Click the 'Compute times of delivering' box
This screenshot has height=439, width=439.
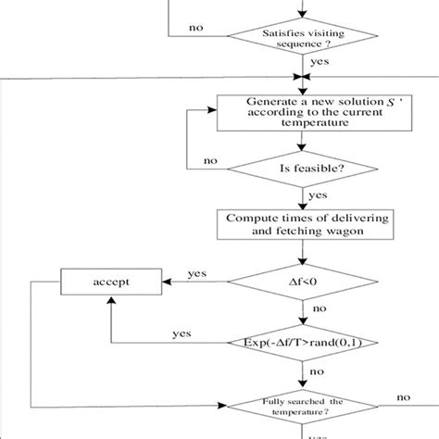pyautogui.click(x=298, y=223)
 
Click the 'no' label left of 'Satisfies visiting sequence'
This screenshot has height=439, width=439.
pyautogui.click(x=196, y=28)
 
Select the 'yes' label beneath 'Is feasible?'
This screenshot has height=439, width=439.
pyautogui.click(x=318, y=196)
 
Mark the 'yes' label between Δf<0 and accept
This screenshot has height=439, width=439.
pyautogui.click(x=196, y=273)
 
